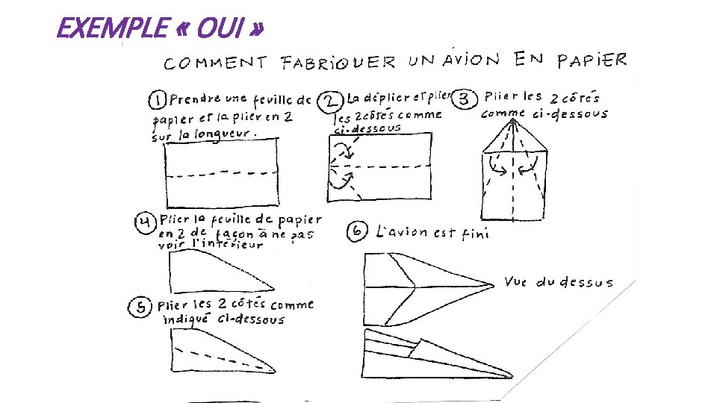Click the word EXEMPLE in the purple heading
112,28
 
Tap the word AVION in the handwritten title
471,60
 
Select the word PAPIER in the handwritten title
592,60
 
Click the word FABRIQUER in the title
338,63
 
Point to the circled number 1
157,100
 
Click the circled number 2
330,101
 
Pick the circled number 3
464,99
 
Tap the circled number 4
146,223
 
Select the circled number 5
140,307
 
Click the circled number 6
357,231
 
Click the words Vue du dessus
559,282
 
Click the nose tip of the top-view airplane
494,286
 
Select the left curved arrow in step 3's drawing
496,166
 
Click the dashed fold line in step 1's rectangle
223,174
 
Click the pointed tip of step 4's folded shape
274,289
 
